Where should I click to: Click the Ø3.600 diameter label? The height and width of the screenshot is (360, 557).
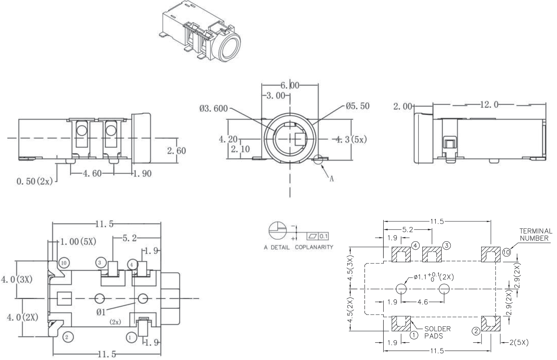(x=213, y=109)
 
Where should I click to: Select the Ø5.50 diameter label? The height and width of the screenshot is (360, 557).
(x=357, y=106)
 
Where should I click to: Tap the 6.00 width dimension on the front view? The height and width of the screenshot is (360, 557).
(x=289, y=85)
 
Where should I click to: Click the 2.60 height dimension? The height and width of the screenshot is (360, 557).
(x=176, y=150)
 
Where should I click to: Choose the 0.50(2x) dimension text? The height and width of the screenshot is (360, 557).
(x=34, y=182)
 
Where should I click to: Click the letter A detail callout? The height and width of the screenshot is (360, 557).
(x=331, y=179)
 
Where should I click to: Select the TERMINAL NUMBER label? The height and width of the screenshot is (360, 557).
(x=535, y=235)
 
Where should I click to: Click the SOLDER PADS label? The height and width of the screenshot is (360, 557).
(x=437, y=332)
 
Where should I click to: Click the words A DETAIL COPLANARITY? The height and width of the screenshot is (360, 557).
(x=298, y=247)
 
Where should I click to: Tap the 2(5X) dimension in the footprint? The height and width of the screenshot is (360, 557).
(x=519, y=342)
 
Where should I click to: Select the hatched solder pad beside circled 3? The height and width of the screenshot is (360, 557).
(x=432, y=255)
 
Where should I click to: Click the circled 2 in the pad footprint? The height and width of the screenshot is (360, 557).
(x=476, y=331)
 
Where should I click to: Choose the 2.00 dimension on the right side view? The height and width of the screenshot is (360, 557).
(x=403, y=106)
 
